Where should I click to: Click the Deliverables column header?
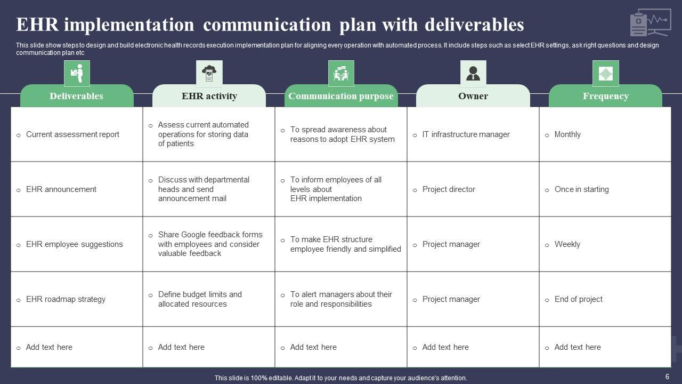(x=77, y=96)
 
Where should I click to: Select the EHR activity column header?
(x=209, y=96)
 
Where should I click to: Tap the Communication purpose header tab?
(x=341, y=96)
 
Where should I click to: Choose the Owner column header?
(x=473, y=96)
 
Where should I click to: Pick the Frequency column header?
(x=605, y=96)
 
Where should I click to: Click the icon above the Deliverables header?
(x=77, y=74)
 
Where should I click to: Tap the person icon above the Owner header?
(x=473, y=74)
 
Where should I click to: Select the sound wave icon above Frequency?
(x=605, y=74)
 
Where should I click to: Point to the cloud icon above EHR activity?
(x=209, y=74)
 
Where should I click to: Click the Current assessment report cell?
(x=72, y=134)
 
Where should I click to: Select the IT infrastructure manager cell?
(x=466, y=134)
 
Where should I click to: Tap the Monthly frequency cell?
(x=567, y=134)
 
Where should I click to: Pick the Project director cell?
(x=449, y=189)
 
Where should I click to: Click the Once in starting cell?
(x=581, y=189)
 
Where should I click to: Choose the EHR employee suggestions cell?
(x=74, y=244)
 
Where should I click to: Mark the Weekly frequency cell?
(x=567, y=244)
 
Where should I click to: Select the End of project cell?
(x=578, y=299)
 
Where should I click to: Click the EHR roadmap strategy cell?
(x=66, y=299)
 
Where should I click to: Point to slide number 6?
(x=667, y=377)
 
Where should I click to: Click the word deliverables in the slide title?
(x=474, y=25)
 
